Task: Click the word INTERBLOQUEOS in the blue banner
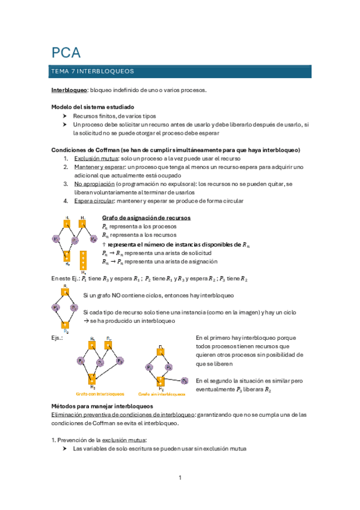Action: coord(106,72)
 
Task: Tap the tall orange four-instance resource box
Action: coord(83,259)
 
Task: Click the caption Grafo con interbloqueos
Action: coord(93,395)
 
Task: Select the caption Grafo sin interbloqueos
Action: coord(162,395)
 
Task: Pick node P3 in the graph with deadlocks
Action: coord(120,361)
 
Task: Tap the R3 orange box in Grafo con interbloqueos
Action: coord(92,378)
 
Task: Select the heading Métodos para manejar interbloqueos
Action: coord(102,407)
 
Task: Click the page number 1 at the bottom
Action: coord(180,478)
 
